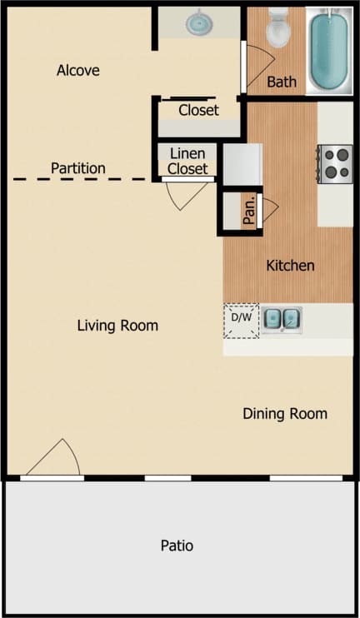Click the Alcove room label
tap(77, 71)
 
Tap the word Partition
tap(78, 168)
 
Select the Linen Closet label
tap(187, 161)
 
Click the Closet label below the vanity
tap(198, 110)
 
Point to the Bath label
tap(282, 82)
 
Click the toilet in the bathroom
tap(277, 29)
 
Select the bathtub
tap(328, 50)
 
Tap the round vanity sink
tap(199, 23)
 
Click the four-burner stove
tap(335, 162)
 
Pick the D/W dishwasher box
tap(241, 319)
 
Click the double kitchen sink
tap(282, 318)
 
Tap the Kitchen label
tap(290, 266)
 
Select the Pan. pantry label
tap(248, 211)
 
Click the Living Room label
tap(117, 325)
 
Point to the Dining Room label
tap(285, 413)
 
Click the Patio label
tap(177, 546)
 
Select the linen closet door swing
tap(184, 195)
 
